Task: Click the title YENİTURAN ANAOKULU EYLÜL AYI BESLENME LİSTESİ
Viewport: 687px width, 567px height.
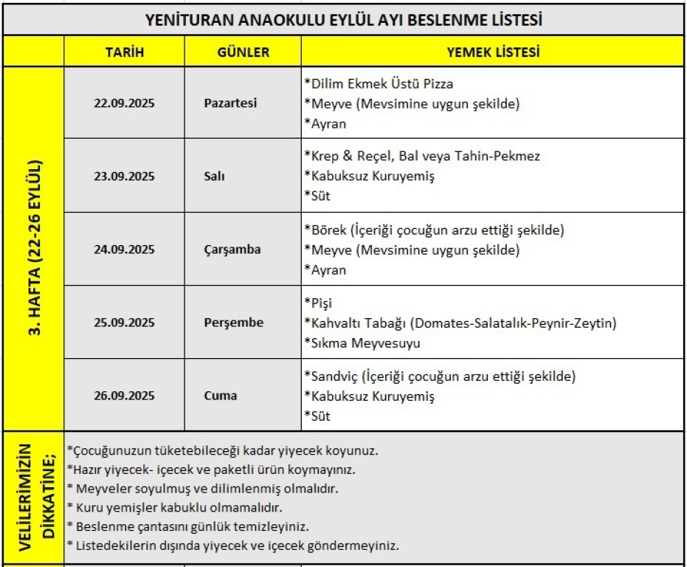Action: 345,20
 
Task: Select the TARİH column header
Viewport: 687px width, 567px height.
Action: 124,52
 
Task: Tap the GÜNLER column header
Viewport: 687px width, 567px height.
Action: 243,52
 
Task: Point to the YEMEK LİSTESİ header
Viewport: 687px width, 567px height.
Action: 493,52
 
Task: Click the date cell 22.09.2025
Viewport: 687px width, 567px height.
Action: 124,103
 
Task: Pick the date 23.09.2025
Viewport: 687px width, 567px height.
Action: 124,176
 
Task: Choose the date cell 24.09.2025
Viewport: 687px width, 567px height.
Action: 124,250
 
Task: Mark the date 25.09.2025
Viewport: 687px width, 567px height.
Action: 124,323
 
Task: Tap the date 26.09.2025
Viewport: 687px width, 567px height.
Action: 124,396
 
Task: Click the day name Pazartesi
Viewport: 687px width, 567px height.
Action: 230,103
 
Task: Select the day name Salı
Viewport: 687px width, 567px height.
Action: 215,176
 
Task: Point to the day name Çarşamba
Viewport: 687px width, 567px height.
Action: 232,250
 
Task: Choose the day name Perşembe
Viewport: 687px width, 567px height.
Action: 233,323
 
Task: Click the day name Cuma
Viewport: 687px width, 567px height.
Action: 220,396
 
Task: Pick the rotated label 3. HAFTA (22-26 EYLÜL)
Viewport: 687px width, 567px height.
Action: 34,249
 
